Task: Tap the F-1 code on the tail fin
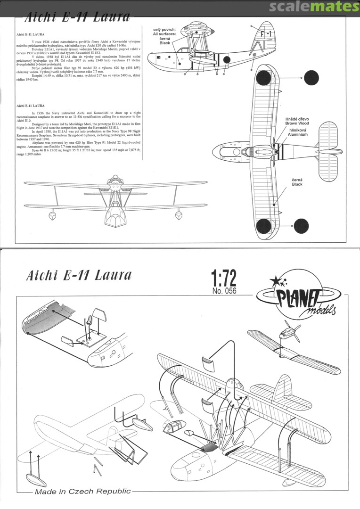click(x=267, y=34)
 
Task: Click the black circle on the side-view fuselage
click(x=226, y=60)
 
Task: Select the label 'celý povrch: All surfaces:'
click(x=164, y=33)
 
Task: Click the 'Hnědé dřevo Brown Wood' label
click(x=297, y=121)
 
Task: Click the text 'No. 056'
click(x=224, y=291)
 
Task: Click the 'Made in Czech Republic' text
click(x=82, y=491)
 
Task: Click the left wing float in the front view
click(x=50, y=215)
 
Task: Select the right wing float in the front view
click(x=179, y=215)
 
